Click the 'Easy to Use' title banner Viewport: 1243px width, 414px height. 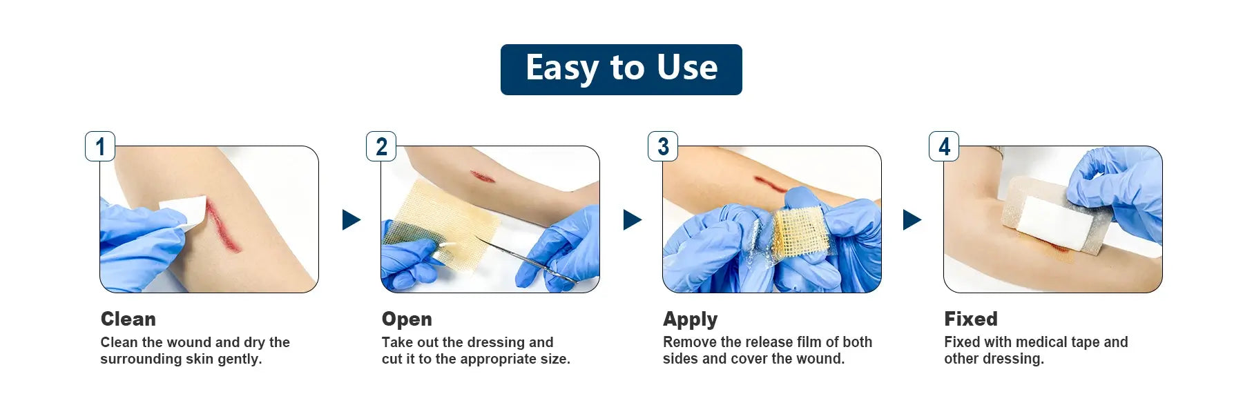tap(621, 70)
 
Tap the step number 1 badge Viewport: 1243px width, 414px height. tap(100, 146)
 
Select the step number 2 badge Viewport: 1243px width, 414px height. tap(381, 146)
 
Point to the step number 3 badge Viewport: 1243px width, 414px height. tap(663, 146)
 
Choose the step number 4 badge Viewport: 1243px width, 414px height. tap(944, 146)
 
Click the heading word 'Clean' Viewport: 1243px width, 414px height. tap(128, 319)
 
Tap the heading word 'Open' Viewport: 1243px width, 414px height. tap(407, 319)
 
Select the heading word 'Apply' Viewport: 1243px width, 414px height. tap(691, 319)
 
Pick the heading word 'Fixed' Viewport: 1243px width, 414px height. tap(971, 319)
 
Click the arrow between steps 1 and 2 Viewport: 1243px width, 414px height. tap(351, 219)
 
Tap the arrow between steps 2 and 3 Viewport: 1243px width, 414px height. tap(632, 219)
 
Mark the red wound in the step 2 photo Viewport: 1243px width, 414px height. tap(483, 177)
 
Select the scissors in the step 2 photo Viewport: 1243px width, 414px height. tap(525, 259)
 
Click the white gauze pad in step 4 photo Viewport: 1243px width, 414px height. tap(1054, 223)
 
